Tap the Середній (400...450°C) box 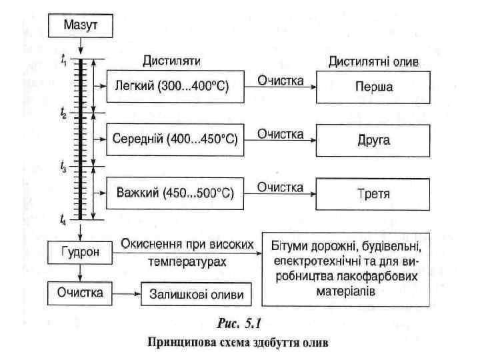click(x=173, y=140)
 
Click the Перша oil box click(x=373, y=87)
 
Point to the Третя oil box click(x=373, y=193)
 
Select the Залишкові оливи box click(x=196, y=294)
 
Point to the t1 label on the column click(x=63, y=60)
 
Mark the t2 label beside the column click(x=63, y=114)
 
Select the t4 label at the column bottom click(x=63, y=220)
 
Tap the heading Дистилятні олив click(x=374, y=61)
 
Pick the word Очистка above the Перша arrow click(x=281, y=81)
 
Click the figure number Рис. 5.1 click(x=240, y=325)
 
